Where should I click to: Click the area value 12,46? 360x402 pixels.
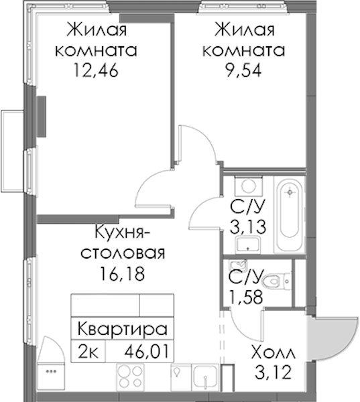96,70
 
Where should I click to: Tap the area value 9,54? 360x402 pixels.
243,70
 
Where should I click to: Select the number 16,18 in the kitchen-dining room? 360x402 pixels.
123,273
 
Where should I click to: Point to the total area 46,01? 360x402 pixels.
147,352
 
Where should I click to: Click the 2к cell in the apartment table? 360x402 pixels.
88,352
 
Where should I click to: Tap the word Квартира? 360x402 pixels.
123,329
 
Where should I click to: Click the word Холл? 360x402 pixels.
274,352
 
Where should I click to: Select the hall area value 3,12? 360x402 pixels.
274,373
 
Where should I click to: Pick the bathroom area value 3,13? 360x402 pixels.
247,227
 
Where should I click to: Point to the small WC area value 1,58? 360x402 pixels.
246,297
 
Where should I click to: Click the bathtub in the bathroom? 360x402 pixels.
290,214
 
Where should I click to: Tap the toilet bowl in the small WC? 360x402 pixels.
276,281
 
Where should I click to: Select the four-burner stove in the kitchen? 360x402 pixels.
129,378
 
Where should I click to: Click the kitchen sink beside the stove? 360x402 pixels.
206,378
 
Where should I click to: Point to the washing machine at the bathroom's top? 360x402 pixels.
249,186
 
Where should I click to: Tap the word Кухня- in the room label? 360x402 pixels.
123,233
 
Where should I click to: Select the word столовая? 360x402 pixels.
123,253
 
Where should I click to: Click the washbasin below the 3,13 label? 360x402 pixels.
248,245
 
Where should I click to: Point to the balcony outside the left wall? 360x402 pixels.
13,151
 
